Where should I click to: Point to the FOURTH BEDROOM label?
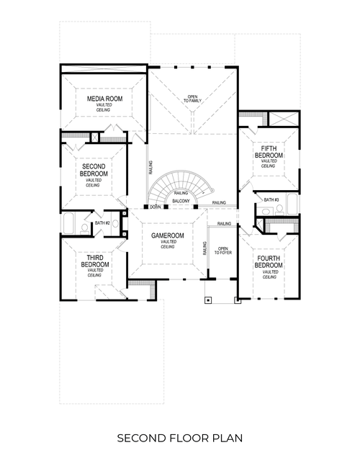[269, 261]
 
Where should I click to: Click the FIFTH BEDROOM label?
[268, 152]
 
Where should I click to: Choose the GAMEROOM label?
[168, 236]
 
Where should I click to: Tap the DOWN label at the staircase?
[155, 207]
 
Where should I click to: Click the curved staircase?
[180, 184]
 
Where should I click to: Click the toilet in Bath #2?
[85, 227]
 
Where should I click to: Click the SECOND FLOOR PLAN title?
[179, 437]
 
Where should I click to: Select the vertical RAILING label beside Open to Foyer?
[205, 249]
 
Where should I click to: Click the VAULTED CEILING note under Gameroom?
[168, 244]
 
